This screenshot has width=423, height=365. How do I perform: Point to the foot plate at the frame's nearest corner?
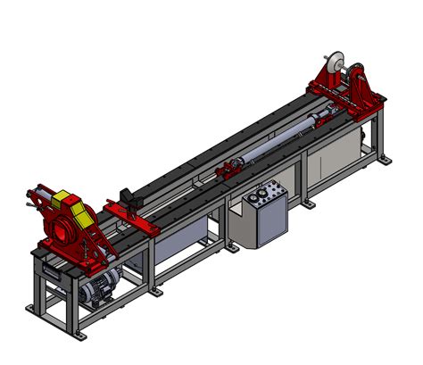pyautogui.click(x=36, y=309)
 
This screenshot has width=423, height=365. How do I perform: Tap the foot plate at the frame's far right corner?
pyautogui.click(x=386, y=161)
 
